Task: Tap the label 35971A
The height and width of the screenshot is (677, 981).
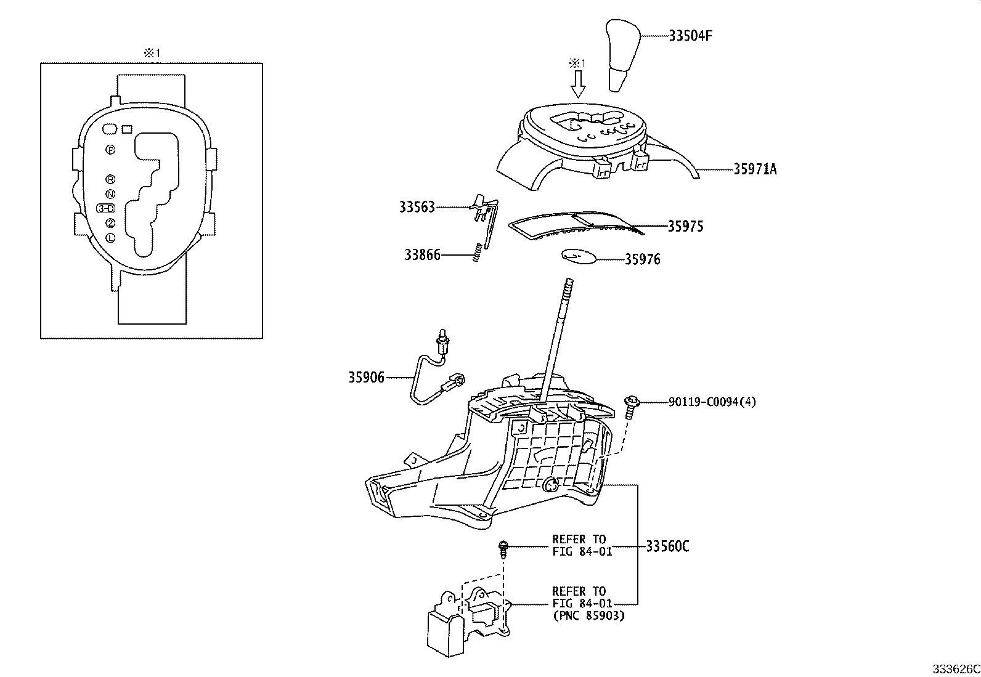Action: tap(754, 169)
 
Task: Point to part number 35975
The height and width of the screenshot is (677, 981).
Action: tap(685, 226)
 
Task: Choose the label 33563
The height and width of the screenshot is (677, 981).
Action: tap(417, 207)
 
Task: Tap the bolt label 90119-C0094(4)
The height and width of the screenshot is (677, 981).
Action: tap(712, 402)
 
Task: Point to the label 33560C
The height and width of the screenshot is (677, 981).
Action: tap(667, 546)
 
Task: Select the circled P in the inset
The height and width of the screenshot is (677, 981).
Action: tap(110, 150)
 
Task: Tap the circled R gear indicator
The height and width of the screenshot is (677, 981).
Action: tap(110, 179)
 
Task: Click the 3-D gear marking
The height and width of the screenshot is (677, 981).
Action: tap(106, 208)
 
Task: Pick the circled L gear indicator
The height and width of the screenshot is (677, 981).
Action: tap(110, 237)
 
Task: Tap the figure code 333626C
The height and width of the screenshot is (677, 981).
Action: tap(955, 668)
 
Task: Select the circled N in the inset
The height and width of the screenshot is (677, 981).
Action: tap(110, 193)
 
